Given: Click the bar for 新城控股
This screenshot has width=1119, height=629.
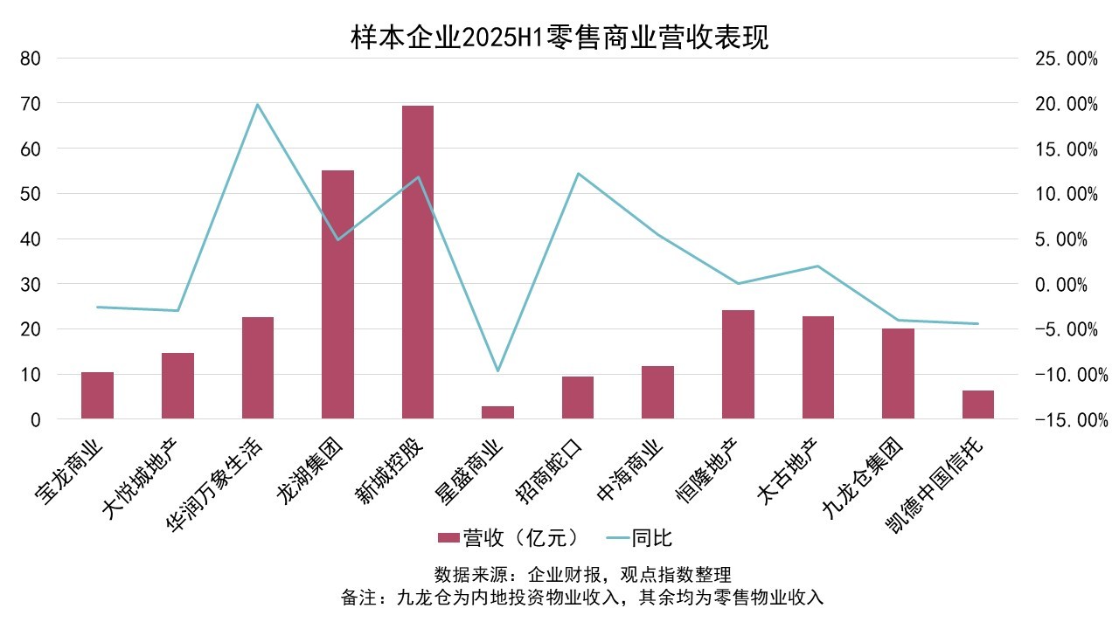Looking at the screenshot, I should click(x=417, y=262).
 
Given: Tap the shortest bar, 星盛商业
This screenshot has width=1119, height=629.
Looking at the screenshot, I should click(x=497, y=412).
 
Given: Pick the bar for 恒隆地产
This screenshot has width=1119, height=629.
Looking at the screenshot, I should click(x=738, y=364).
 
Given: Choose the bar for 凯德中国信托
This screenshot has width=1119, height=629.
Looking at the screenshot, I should click(x=977, y=404).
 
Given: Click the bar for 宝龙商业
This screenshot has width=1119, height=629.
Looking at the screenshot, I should click(x=97, y=396).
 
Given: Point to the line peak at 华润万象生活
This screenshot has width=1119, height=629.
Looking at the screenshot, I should click(x=257, y=105).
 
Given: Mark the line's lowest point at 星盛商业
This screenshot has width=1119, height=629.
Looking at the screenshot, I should click(x=497, y=371).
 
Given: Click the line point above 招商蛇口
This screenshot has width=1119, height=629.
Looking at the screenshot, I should click(x=578, y=173).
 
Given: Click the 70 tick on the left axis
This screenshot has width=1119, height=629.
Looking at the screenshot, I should click(x=30, y=104).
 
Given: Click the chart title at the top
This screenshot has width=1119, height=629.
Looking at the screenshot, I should click(x=559, y=38).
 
